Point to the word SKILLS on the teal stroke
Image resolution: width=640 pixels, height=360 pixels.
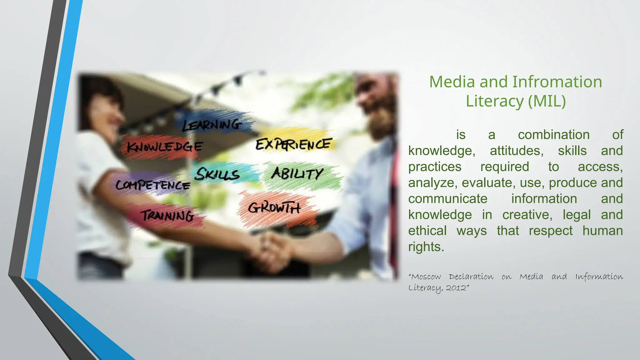[x=217, y=174]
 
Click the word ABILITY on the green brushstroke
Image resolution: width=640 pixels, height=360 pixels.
[x=297, y=174]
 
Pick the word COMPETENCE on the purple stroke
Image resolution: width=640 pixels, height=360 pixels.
[x=153, y=185]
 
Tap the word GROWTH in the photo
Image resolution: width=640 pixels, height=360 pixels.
[x=274, y=208]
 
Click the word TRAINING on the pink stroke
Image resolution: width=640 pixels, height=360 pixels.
[x=167, y=216]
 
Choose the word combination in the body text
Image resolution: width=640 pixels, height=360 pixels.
[x=553, y=135]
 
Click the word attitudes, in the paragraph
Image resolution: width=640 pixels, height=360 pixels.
[x=517, y=151]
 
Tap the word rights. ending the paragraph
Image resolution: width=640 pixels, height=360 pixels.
[x=426, y=247]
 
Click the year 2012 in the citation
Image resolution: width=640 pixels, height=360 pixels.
[x=456, y=288]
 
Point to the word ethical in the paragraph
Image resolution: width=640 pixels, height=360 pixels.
[x=427, y=231]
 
